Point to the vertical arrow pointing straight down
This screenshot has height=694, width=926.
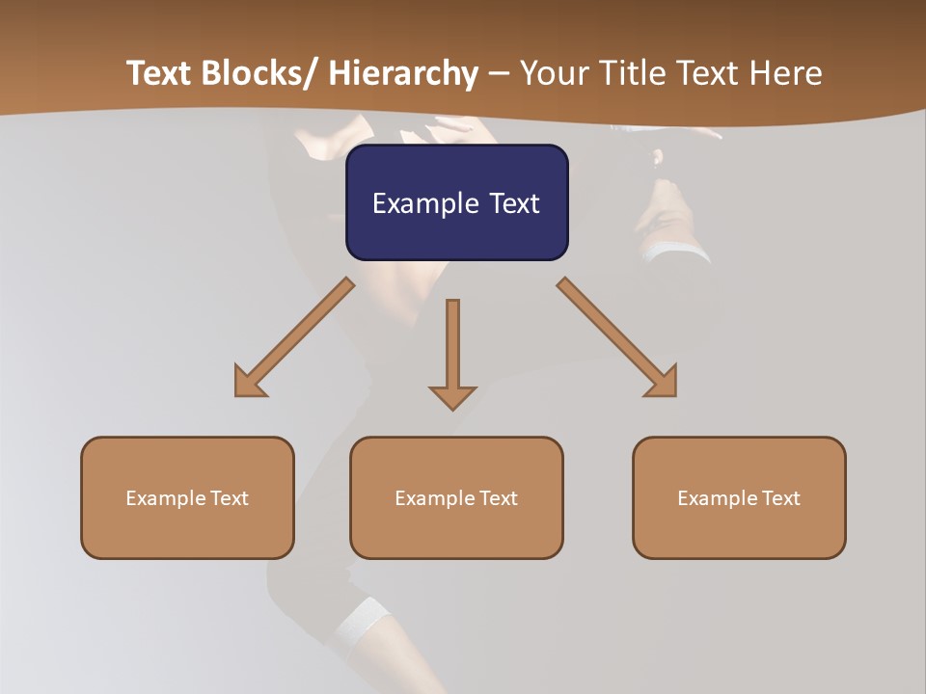(x=452, y=347)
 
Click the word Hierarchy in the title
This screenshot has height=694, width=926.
(x=403, y=73)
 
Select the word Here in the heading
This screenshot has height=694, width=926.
(x=785, y=73)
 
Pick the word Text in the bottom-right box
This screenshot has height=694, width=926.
(x=780, y=498)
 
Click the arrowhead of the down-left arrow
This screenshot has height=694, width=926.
(x=249, y=383)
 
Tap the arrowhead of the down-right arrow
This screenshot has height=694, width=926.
(x=663, y=383)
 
